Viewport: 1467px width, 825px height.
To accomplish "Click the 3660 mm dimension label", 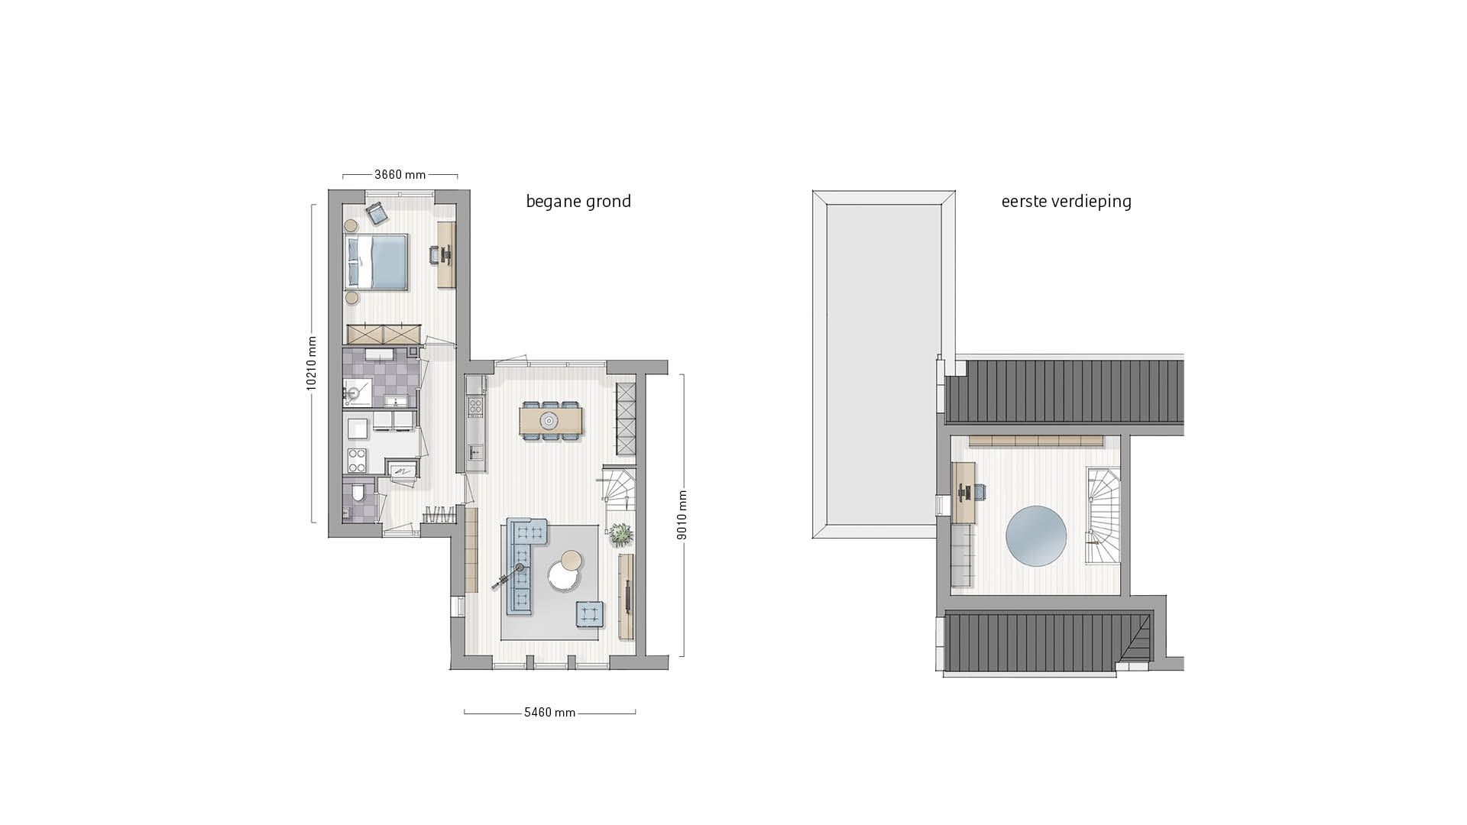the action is click(400, 175).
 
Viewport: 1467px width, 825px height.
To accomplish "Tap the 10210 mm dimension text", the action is click(312, 364).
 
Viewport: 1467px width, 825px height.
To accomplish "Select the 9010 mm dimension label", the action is click(682, 515).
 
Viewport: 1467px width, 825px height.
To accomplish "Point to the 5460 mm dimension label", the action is click(549, 713).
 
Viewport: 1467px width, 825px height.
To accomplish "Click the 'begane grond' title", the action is click(578, 202).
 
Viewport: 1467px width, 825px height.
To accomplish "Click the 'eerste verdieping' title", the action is click(1066, 202).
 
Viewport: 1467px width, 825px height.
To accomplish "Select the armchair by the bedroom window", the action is click(377, 214).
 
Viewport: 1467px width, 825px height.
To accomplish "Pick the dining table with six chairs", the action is click(550, 420).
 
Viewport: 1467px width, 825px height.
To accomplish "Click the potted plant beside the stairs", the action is click(620, 535).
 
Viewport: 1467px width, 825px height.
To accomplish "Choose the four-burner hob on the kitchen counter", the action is click(475, 406).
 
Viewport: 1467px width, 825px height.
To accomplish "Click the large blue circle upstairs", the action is click(1036, 536).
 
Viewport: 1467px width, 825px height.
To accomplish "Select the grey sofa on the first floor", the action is click(963, 557).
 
